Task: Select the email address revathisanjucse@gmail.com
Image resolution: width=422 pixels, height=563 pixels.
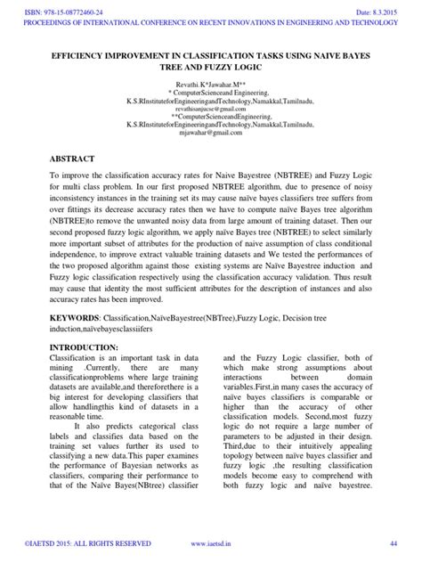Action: (210, 104)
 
